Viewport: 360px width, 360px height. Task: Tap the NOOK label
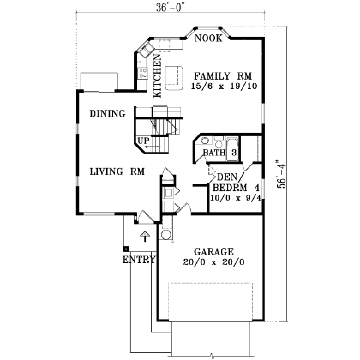click(208, 38)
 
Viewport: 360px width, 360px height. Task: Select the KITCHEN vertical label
click(157, 76)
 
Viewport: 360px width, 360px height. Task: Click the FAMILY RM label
click(223, 76)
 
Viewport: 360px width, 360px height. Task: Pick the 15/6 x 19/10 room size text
click(223, 86)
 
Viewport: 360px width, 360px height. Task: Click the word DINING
click(107, 114)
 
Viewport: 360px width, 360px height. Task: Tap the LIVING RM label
click(118, 172)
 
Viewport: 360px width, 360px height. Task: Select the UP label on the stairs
click(143, 142)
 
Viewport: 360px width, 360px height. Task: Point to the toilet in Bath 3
click(218, 142)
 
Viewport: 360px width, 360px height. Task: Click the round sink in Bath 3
click(205, 142)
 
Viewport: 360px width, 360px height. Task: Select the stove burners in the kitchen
click(143, 73)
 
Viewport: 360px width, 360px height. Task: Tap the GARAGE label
click(214, 251)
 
